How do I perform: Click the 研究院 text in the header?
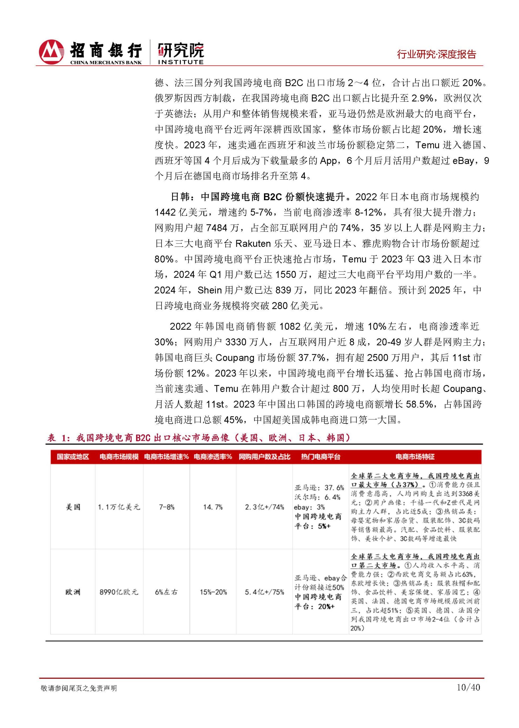181,49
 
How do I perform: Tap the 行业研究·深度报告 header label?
437,54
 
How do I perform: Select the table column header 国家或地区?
73,457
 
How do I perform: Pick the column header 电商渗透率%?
213,457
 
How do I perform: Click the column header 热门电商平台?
320,457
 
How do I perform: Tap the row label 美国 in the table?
73,507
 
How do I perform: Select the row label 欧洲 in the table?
73,592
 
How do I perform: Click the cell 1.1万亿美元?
119,507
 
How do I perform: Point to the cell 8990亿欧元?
119,592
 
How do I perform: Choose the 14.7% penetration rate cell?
213,507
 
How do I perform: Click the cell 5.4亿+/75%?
264,592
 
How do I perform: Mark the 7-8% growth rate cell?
166,507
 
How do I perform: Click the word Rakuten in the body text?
253,244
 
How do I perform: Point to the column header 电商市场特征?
415,457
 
